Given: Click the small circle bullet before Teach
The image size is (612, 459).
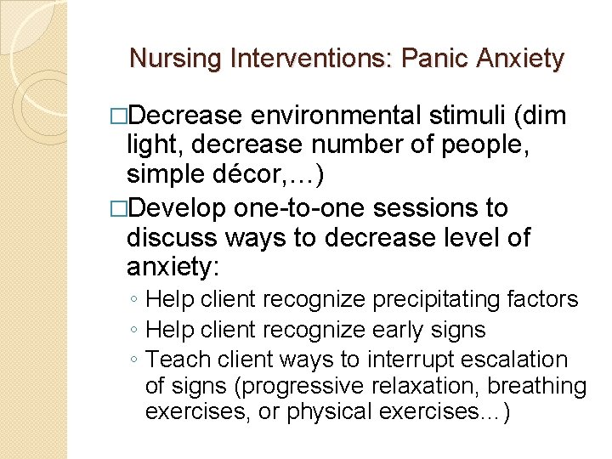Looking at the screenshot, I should (135, 360).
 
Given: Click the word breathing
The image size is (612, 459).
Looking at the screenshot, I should (539, 387).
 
